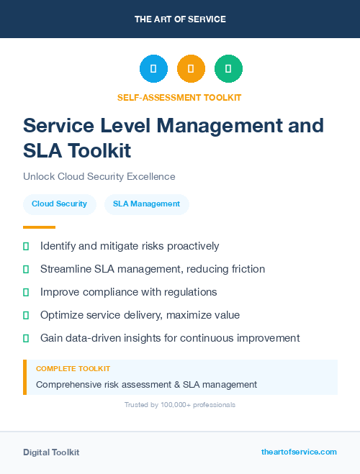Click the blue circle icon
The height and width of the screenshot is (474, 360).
coord(153,69)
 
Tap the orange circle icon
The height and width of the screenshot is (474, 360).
coord(191,69)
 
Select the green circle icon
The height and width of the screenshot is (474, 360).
coord(228,69)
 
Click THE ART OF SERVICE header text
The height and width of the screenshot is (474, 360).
coord(180,19)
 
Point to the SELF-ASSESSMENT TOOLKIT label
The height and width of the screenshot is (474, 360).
coord(179,97)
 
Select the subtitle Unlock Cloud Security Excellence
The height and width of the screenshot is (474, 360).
coord(99,176)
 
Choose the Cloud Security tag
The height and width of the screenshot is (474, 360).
coord(59,204)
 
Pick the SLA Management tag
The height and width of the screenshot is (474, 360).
coord(146,204)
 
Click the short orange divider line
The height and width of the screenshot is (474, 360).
coord(39,227)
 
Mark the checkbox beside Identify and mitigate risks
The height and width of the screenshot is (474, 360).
coord(26,246)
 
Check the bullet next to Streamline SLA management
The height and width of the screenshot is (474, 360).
coord(26,269)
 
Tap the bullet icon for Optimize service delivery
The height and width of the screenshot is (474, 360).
coord(26,315)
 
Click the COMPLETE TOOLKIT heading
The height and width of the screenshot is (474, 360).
coord(73,368)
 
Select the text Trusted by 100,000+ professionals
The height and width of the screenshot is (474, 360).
coord(180,405)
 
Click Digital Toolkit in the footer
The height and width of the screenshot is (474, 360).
coord(51,452)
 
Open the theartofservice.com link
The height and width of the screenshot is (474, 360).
coord(299,452)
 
